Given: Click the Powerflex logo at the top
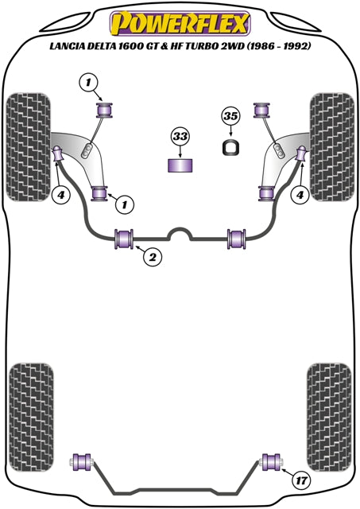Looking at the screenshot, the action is (180, 23).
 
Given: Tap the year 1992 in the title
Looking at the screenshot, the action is (296, 46).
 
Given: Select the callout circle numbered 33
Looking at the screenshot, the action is (180, 136).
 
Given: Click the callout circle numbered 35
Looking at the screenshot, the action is (231, 116).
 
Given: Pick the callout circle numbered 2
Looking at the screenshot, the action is (152, 257).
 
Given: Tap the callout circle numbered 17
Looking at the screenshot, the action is (301, 480).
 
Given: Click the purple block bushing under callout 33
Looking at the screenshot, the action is (180, 165).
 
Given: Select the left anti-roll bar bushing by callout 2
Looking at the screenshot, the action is (124, 239).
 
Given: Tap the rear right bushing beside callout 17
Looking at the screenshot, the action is (273, 462).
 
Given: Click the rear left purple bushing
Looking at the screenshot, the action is (83, 462).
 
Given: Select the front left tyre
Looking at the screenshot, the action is (29, 147).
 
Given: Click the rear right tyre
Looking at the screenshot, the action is (329, 418).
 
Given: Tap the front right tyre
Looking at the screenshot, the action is (331, 147).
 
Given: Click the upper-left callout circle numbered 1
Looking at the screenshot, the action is (88, 83).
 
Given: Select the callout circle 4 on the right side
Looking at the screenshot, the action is (300, 195).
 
